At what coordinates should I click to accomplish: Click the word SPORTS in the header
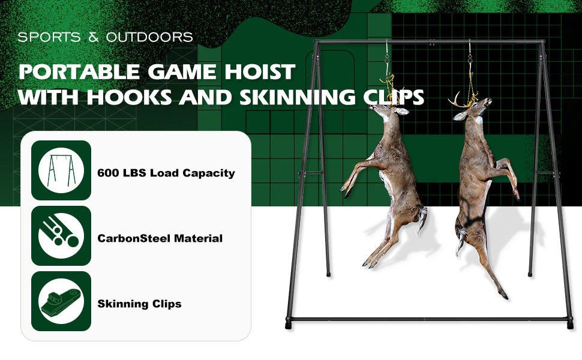[49, 37]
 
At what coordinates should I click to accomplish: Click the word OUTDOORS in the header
[149, 37]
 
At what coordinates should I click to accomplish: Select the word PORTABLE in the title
[79, 71]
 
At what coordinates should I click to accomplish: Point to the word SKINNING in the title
[296, 97]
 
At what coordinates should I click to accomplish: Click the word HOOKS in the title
[129, 97]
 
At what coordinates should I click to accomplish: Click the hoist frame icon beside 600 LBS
[61, 170]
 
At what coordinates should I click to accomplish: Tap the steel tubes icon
[61, 236]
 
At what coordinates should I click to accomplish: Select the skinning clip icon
[61, 301]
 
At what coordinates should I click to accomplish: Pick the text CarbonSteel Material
[160, 238]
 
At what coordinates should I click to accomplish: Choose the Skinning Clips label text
[140, 304]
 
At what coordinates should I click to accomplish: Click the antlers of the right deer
[460, 100]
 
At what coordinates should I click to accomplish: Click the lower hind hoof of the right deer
[503, 296]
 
